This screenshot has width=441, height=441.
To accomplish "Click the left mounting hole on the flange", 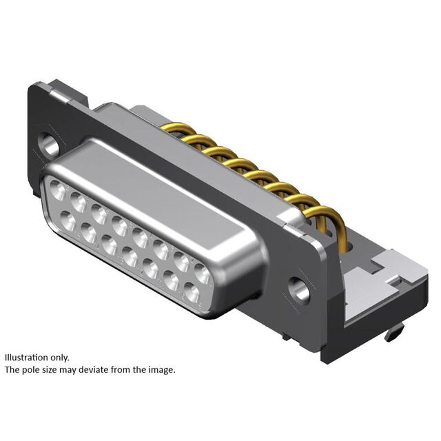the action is (49, 144).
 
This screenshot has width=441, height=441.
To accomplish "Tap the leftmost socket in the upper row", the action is (58, 190).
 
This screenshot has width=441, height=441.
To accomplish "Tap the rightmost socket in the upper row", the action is (202, 273).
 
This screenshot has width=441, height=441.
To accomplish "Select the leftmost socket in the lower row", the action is (68, 221).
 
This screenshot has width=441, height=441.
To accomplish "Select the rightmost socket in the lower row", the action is (192, 292).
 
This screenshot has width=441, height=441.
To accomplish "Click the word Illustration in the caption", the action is (26, 358).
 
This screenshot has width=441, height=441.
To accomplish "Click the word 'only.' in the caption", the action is (60, 358).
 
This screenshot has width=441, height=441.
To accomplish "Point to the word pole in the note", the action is (30, 370).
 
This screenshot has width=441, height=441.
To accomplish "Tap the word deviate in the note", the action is (94, 369).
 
